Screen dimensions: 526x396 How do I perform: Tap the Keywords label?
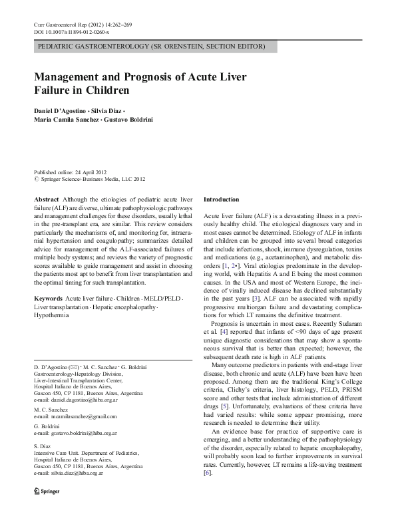[49, 298]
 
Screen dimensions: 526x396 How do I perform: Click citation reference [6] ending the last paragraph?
[208, 491]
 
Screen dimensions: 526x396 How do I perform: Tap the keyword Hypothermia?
[52, 316]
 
